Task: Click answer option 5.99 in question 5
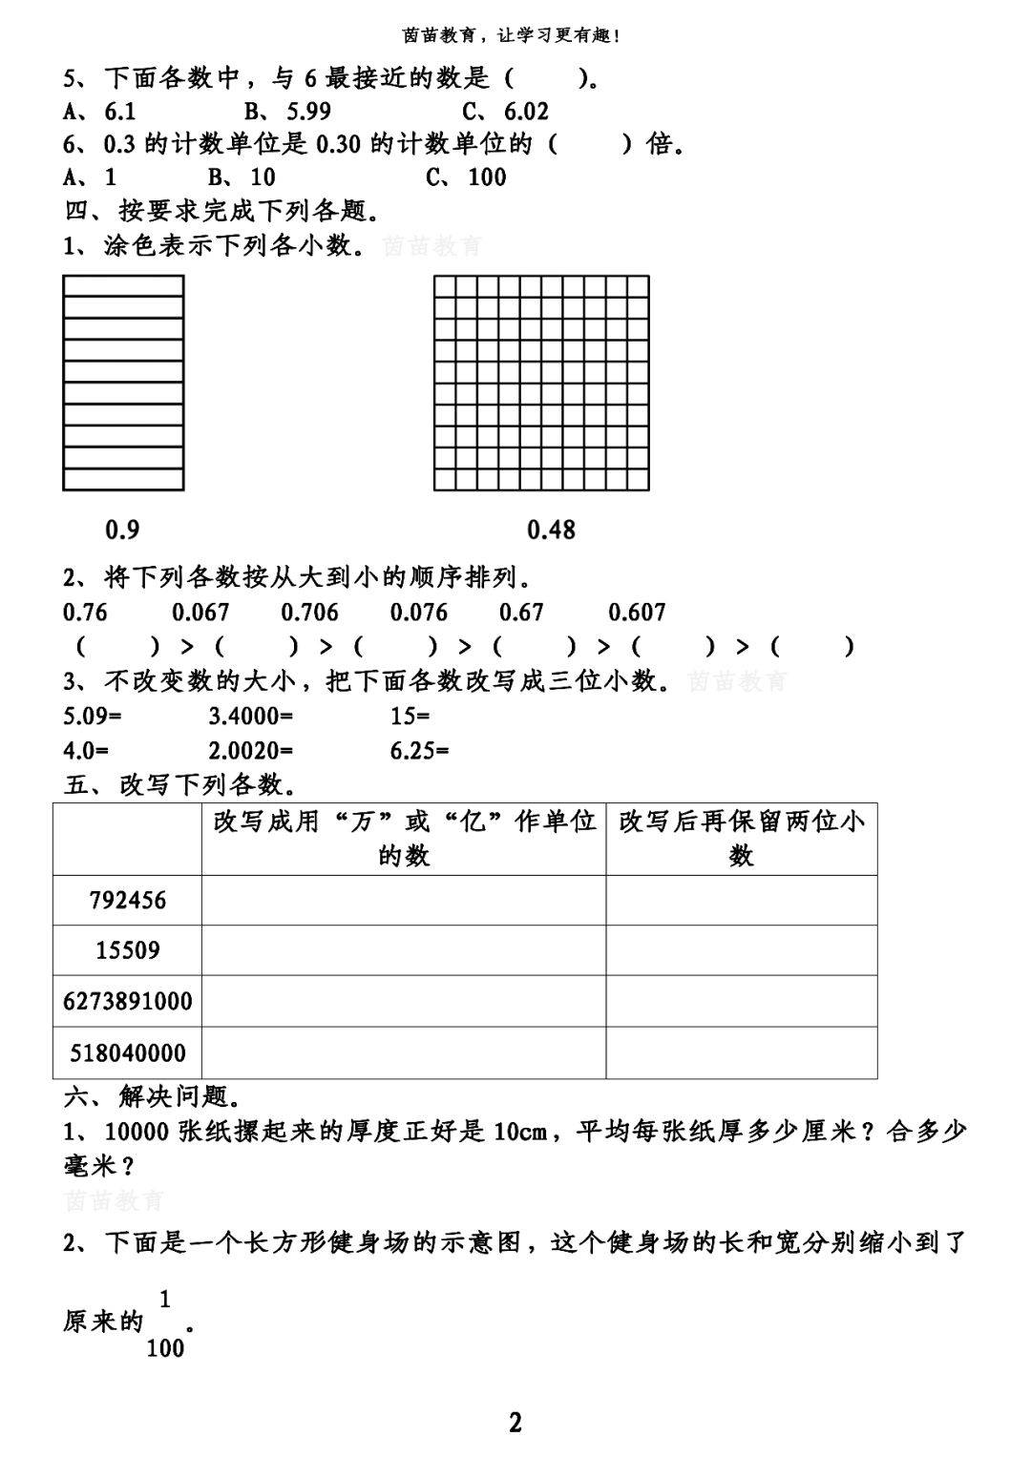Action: click(x=308, y=112)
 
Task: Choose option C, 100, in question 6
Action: click(x=487, y=177)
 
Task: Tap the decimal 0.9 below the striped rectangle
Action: click(x=122, y=530)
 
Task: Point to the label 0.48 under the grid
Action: click(x=551, y=530)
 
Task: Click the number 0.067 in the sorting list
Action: click(x=200, y=612)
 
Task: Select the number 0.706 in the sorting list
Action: click(x=309, y=612)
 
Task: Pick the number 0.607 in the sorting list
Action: click(x=637, y=612)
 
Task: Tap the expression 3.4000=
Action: click(x=251, y=715)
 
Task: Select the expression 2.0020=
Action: click(x=251, y=750)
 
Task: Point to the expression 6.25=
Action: click(x=419, y=750)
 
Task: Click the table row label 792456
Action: click(x=127, y=900)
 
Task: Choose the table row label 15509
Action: click(x=127, y=950)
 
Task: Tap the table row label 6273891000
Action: click(x=127, y=1002)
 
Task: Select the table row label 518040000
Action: click(x=127, y=1053)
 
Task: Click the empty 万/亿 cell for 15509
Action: click(x=403, y=950)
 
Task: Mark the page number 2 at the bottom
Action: click(x=515, y=1423)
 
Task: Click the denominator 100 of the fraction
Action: click(x=165, y=1348)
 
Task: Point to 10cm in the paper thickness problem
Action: click(x=520, y=1132)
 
